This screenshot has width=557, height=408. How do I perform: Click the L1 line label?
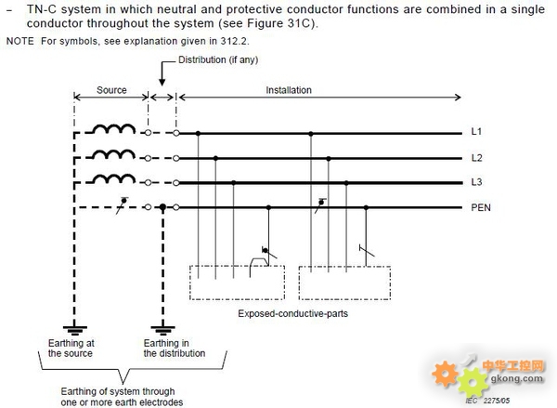(x=476, y=132)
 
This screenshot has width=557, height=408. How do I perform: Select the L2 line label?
(x=477, y=158)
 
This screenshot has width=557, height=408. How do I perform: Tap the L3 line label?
(x=477, y=182)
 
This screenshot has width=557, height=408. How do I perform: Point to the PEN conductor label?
(x=481, y=207)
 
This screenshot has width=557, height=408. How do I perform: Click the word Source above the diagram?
(x=111, y=90)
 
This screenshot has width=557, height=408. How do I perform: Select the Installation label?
(x=289, y=90)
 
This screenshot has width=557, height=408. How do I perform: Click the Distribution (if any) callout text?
(x=218, y=59)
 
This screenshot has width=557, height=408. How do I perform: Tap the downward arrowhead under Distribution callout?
(x=162, y=82)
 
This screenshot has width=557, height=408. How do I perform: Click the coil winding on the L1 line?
(x=113, y=128)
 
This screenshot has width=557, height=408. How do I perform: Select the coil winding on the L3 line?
(x=113, y=178)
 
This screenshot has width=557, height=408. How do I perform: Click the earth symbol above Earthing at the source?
(x=74, y=330)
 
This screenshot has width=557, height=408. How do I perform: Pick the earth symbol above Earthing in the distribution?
(x=162, y=330)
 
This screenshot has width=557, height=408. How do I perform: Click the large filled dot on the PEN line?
(x=162, y=207)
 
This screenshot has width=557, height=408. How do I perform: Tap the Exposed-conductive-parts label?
(x=292, y=313)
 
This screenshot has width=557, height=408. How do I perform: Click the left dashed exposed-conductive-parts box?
(x=189, y=283)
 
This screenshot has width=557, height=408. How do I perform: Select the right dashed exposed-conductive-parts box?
(x=299, y=283)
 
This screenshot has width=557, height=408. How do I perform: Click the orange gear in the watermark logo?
(x=445, y=374)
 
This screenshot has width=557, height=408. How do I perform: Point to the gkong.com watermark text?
(x=517, y=377)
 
